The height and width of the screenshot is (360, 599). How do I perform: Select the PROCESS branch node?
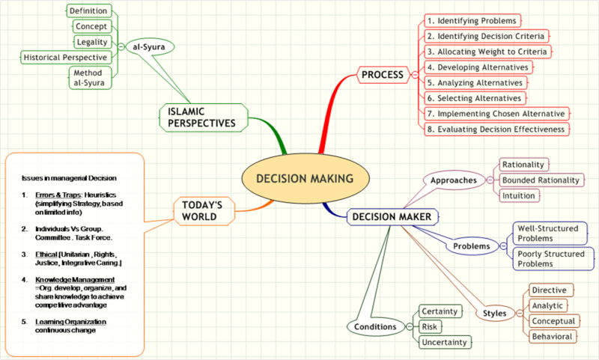point(383,74)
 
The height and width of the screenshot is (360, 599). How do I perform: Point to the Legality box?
point(92,42)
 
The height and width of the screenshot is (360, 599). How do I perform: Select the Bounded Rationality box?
point(541,180)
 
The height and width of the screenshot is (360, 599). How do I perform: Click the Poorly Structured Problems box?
point(549,259)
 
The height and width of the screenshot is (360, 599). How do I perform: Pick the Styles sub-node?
point(495,313)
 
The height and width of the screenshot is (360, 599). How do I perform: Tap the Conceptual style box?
point(553,321)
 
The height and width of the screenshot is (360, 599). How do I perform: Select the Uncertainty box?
point(444,342)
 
